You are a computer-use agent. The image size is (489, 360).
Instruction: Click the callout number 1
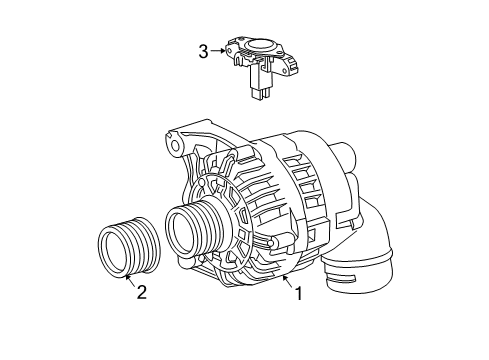pos(299,294)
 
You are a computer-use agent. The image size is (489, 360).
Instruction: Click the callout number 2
pos(142,292)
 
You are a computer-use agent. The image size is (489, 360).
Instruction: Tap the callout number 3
pos(204,52)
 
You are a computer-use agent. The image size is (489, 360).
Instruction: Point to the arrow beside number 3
pos(218,51)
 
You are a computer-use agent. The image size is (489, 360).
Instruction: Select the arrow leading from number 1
pos(288,282)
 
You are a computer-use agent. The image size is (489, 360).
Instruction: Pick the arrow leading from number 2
pos(130,280)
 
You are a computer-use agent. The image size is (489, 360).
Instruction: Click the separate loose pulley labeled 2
pos(129,247)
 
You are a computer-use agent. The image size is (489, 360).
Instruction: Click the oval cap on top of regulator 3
pos(259,44)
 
